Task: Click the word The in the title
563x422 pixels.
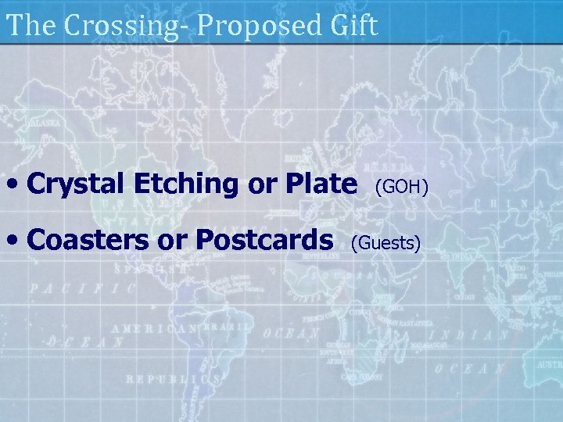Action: (33, 26)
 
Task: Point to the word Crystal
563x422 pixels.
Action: (77, 184)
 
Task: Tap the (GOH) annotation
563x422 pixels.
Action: (401, 187)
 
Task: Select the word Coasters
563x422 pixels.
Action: (87, 239)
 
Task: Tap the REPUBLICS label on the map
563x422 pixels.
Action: (174, 380)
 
